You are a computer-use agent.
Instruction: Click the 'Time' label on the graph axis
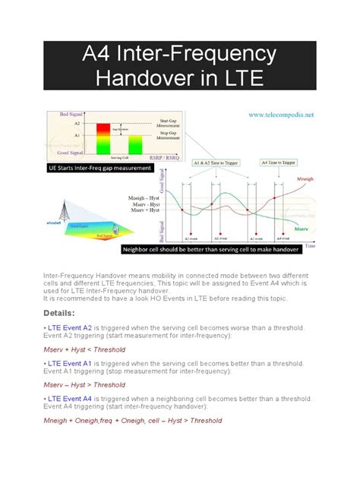tap(310, 246)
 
